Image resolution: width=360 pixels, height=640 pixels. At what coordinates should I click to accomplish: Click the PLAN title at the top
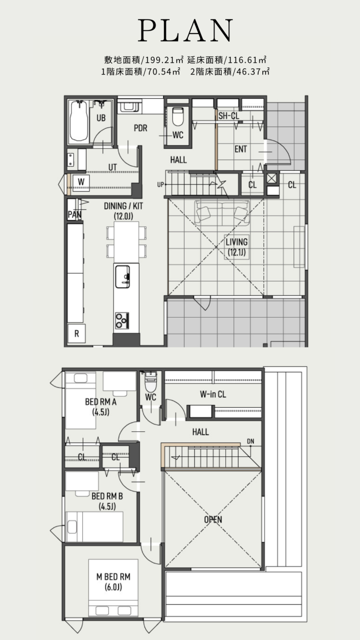point(185,30)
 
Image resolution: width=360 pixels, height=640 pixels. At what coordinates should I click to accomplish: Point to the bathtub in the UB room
point(78,121)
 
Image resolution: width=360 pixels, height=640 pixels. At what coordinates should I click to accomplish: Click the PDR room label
point(140,128)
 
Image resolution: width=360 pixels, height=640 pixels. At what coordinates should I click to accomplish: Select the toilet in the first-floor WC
point(178,116)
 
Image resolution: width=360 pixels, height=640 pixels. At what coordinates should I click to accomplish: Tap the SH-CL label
point(229,116)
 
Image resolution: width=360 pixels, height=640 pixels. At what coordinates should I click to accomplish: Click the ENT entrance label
point(241,149)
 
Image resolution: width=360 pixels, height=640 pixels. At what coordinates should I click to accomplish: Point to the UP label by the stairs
point(160,185)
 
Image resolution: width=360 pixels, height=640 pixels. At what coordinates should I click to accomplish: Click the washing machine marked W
point(81,181)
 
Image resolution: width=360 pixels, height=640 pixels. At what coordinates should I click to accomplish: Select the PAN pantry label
point(75,214)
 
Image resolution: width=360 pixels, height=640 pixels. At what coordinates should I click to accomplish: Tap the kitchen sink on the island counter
point(123,277)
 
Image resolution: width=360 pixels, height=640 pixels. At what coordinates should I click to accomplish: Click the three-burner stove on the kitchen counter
point(122,321)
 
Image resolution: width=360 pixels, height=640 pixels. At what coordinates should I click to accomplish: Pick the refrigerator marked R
point(77,334)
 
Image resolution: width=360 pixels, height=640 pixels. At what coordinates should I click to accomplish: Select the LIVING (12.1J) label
point(237,247)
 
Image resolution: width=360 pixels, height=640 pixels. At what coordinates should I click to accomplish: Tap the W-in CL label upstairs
point(213,394)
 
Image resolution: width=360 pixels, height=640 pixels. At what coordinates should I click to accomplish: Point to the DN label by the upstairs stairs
point(250,442)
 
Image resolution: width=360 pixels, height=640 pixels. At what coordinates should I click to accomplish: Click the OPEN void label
point(213,519)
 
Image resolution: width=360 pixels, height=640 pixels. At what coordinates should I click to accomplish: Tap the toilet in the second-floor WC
point(151,382)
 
